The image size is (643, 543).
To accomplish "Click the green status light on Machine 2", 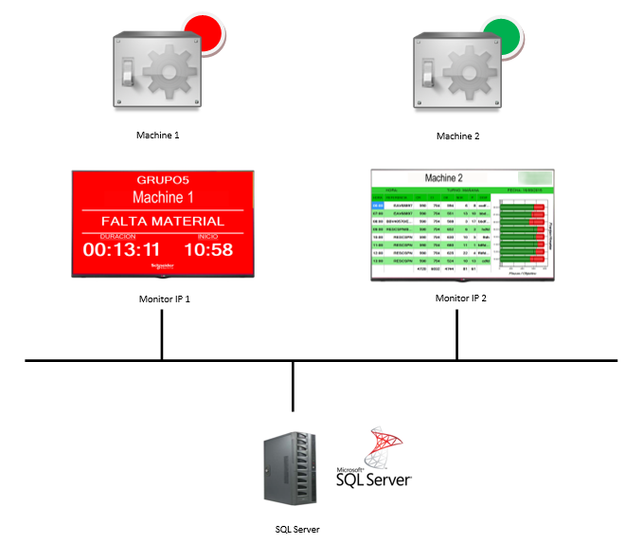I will [501, 35].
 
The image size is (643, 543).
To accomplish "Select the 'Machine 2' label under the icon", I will [457, 136].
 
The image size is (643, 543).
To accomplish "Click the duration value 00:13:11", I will [120, 250].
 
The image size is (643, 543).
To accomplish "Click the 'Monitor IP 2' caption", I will [461, 299].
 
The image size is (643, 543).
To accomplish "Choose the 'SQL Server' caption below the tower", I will [293, 528].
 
